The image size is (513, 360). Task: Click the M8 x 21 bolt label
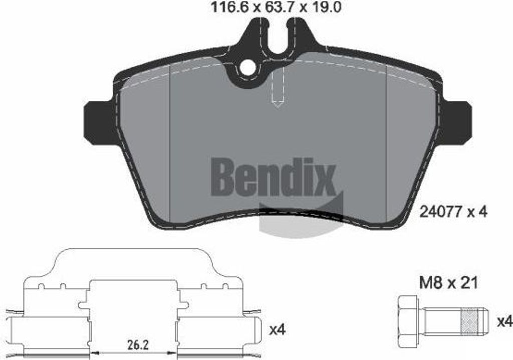click(x=448, y=283)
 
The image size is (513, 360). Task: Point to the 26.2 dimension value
click(x=135, y=346)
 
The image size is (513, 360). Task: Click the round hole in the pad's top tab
click(x=247, y=68)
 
